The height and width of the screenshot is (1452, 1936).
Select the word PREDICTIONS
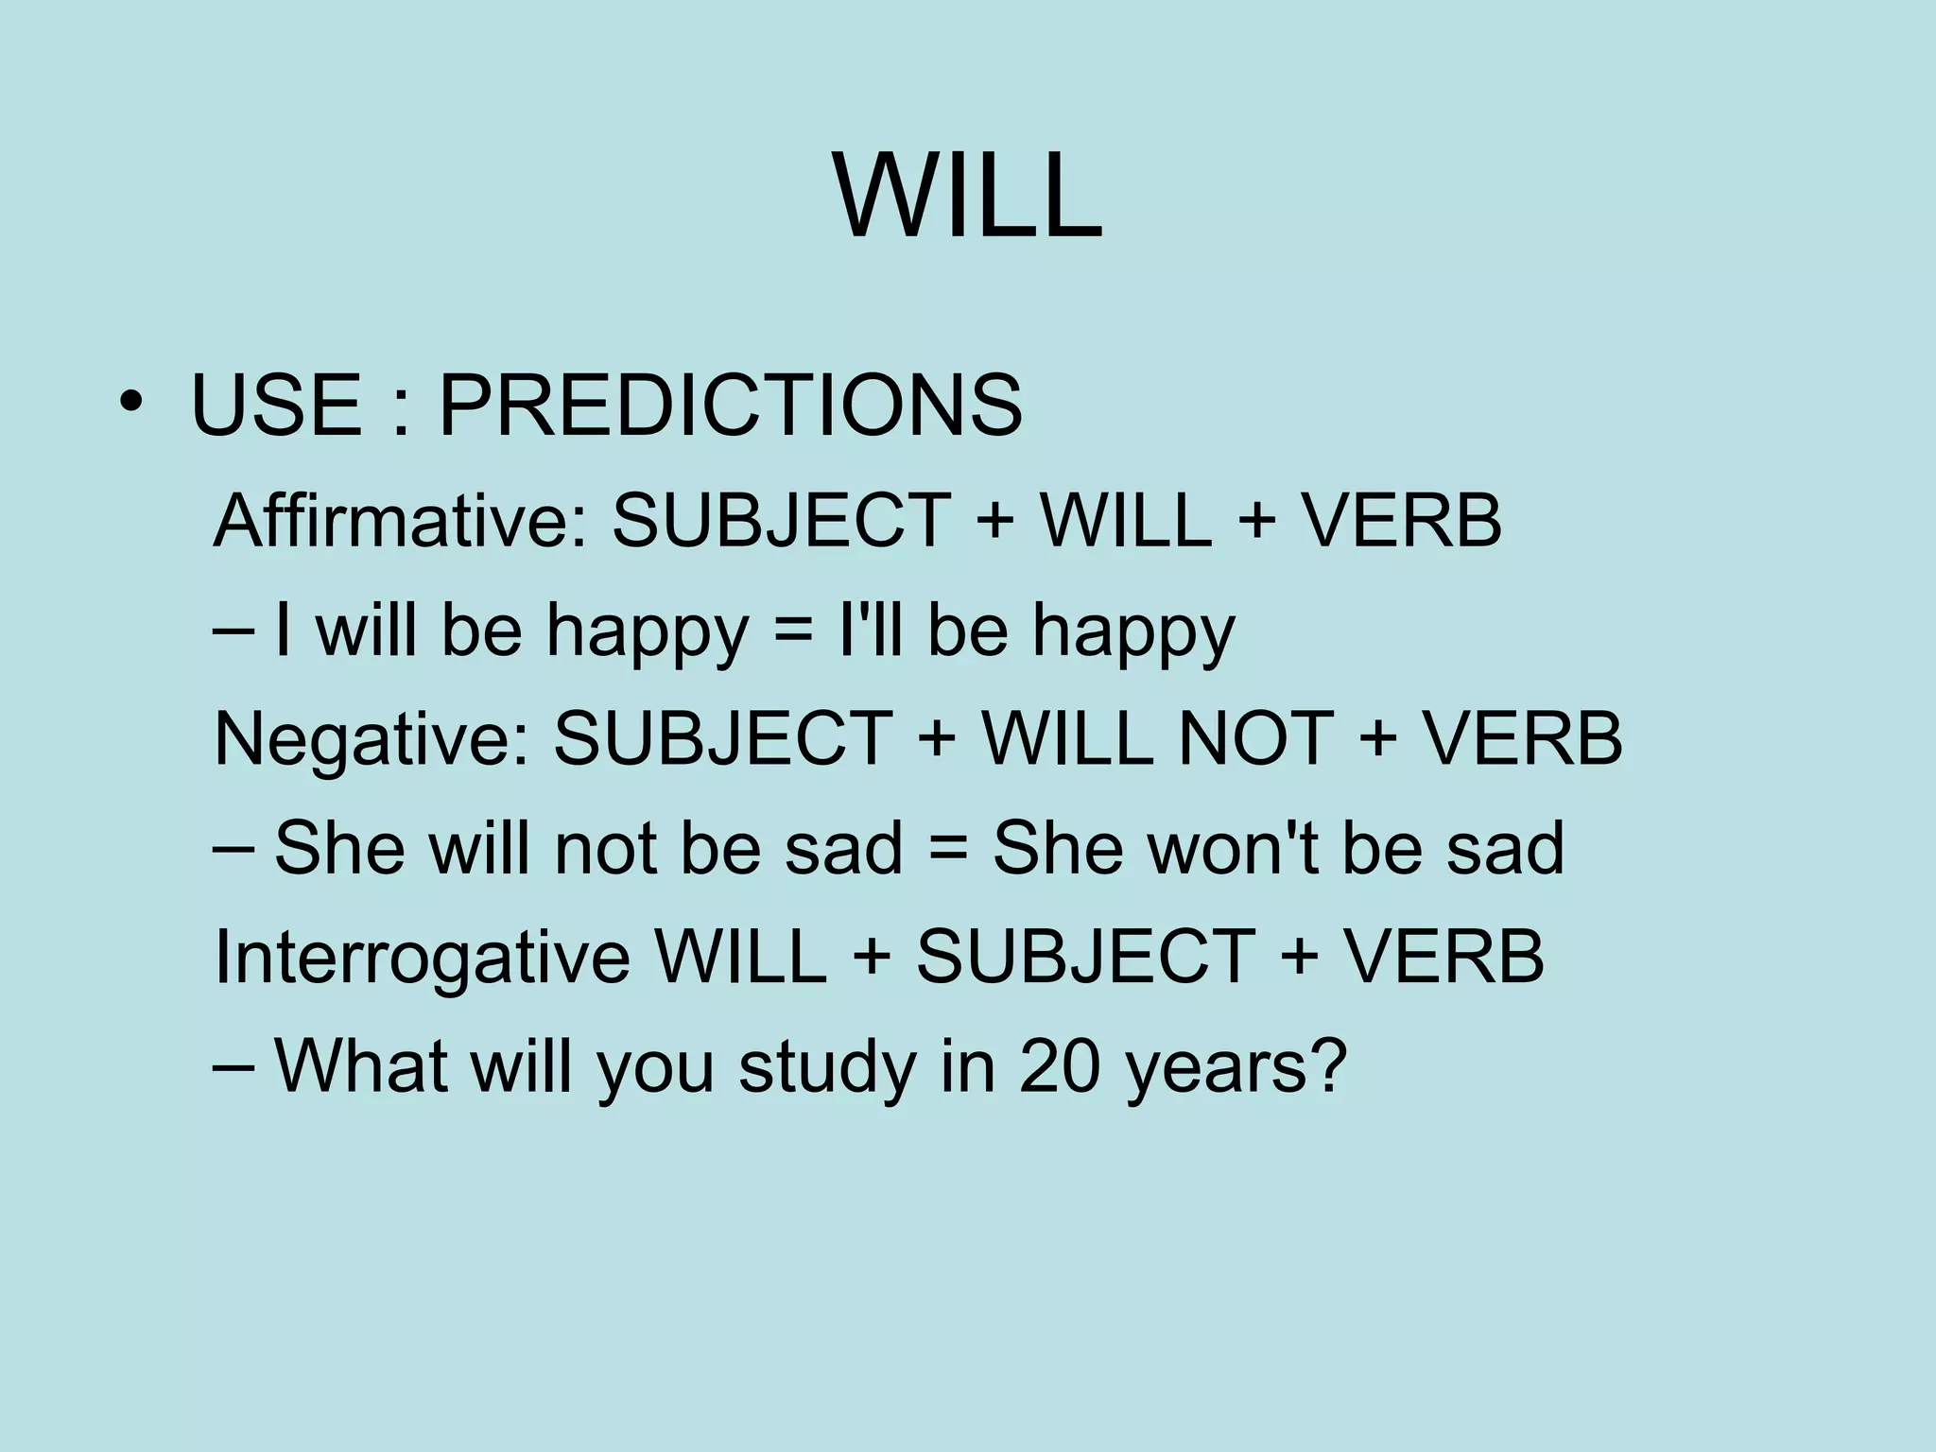(x=730, y=406)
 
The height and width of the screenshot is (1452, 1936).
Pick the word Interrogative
(x=422, y=956)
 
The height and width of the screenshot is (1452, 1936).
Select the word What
(x=361, y=1065)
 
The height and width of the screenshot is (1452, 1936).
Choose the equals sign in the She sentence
(x=947, y=849)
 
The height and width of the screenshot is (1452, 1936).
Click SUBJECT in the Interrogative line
(x=1085, y=956)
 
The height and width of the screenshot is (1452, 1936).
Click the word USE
(x=275, y=406)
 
